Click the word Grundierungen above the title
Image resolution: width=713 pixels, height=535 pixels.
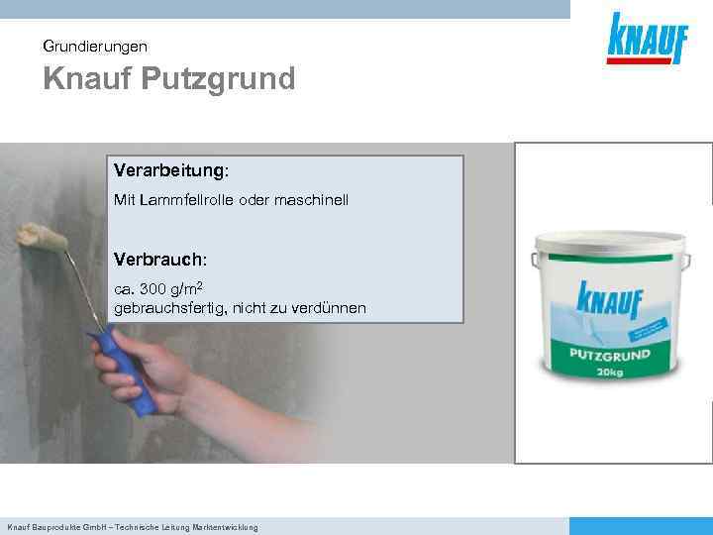[95, 46]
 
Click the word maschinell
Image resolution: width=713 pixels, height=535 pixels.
[314, 201]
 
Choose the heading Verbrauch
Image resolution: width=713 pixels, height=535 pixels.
[158, 260]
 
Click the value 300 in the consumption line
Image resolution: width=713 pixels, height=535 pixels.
[153, 290]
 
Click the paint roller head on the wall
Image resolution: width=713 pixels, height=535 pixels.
[42, 238]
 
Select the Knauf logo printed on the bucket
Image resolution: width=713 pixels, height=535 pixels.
[608, 298]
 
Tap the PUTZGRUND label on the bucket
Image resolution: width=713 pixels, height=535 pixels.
[608, 354]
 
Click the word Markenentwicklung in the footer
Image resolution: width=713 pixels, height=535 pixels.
[226, 527]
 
